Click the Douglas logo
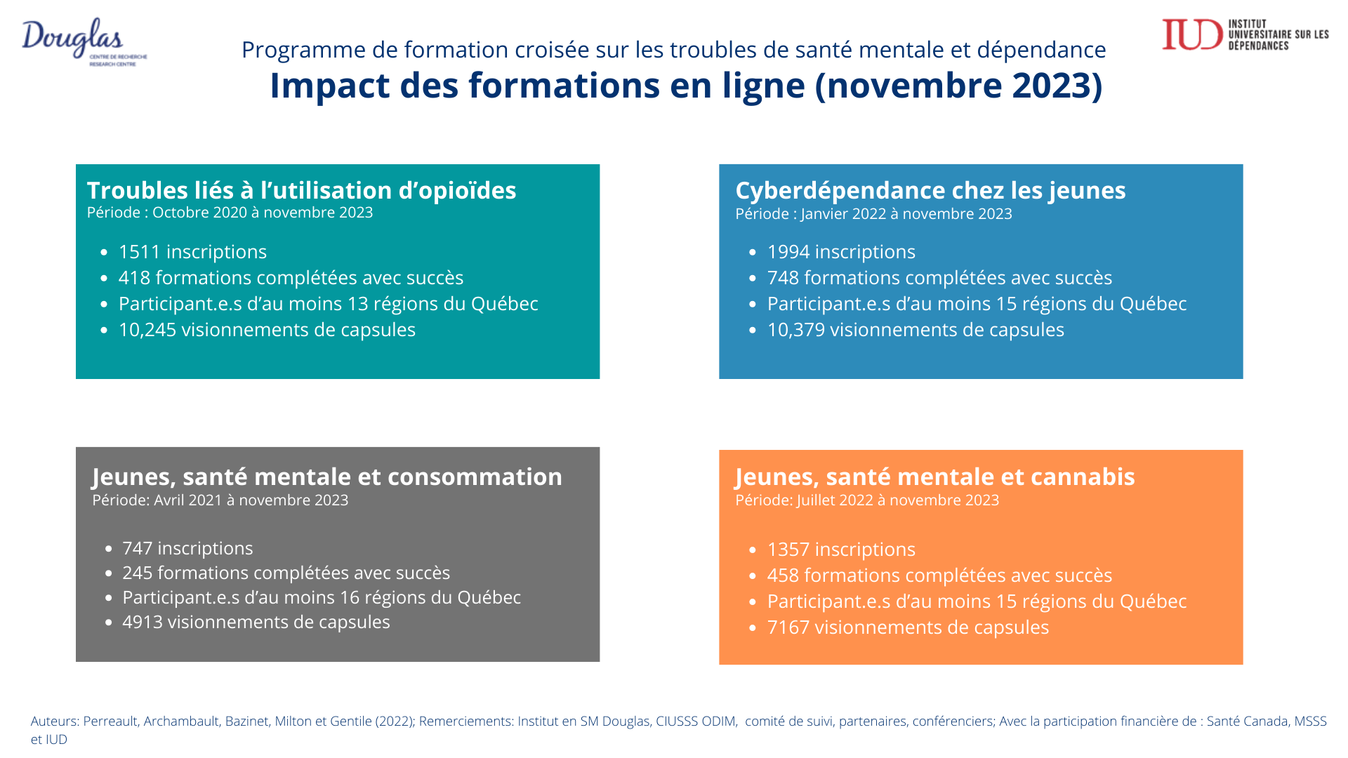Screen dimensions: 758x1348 point(77,41)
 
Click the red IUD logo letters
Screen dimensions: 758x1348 point(1192,35)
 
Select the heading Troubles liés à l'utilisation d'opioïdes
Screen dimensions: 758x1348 point(301,190)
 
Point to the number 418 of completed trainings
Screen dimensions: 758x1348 point(134,278)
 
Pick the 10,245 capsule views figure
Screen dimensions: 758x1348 point(147,330)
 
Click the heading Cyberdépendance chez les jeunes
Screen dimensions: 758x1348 point(930,190)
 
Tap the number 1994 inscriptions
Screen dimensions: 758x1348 point(788,252)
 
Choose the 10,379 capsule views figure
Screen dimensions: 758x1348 point(795,330)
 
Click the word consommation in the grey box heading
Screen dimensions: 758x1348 point(475,477)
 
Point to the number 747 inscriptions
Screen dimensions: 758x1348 point(137,548)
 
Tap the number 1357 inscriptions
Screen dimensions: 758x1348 point(788,550)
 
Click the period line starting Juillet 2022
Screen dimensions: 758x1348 point(867,500)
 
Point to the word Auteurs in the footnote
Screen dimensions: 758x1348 point(54,722)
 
